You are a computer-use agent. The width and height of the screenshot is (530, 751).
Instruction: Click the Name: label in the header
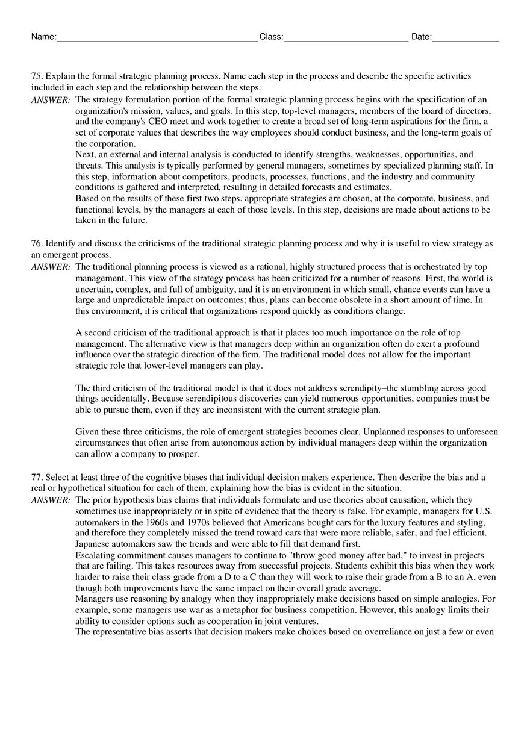[43, 37]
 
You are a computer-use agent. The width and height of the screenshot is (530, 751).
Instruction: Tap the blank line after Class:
[346, 37]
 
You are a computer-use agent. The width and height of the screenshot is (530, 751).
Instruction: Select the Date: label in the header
[421, 37]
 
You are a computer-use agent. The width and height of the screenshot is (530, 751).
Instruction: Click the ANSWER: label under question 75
[51, 100]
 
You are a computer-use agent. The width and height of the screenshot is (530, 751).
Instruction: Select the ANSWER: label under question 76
[51, 267]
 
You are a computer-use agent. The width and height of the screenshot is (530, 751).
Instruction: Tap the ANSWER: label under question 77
[51, 500]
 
